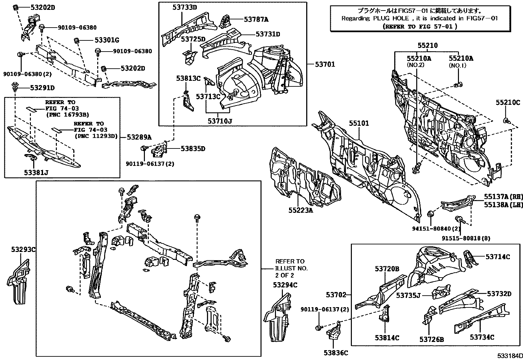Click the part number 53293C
point(22,249)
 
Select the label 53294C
point(284,285)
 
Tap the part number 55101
point(359,124)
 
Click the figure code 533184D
point(509,356)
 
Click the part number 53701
point(325,65)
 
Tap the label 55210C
point(508,103)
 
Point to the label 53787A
point(256,20)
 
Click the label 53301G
point(106,40)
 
